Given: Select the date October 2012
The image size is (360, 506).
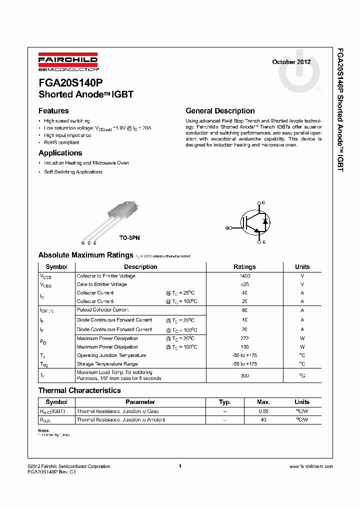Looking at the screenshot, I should pos(291,62).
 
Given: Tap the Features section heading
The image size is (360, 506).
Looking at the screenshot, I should pos(53,111).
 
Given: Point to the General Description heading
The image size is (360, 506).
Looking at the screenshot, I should pos(220,111).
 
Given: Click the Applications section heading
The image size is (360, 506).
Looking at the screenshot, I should pos(60,153).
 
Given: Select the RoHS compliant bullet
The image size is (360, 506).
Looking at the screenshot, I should pos(61,142).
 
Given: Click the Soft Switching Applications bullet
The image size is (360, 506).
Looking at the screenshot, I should pos(73,172).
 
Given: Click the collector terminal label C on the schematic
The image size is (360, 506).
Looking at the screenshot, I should pos(263,202).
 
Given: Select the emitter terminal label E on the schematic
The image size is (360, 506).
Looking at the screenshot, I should pos(263,242).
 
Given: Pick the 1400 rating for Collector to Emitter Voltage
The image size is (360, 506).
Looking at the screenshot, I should pos(244,276).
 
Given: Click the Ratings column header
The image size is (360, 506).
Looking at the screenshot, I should pos(244,267).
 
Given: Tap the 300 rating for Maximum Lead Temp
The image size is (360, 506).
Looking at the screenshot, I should pos(244,375).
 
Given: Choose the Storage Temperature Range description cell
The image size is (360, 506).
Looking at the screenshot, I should pos(107,364).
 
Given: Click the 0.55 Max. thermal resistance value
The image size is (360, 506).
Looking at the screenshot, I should pos(263,411).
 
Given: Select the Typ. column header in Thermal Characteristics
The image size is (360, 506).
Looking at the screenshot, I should pos(225,402).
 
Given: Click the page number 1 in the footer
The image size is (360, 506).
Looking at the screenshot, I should pos(179,466).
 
